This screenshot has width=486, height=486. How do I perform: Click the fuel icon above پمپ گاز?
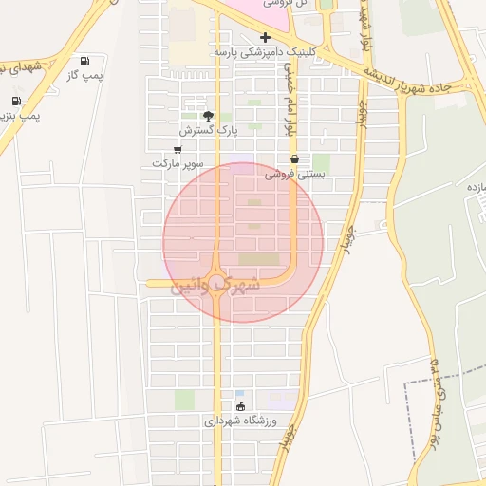click(x=87, y=60)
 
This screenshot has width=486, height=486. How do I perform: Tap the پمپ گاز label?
click(x=85, y=74)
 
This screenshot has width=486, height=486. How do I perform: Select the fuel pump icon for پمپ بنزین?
click(x=16, y=102)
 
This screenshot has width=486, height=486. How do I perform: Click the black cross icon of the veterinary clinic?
click(x=265, y=37)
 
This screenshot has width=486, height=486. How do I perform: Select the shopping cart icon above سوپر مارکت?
click(x=178, y=149)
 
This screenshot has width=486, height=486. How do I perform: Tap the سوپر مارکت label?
click(x=178, y=163)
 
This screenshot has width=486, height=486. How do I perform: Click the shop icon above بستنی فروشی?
click(x=294, y=159)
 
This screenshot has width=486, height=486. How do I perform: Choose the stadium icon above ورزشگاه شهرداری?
click(x=240, y=406)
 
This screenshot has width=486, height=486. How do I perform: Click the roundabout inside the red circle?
click(x=219, y=282)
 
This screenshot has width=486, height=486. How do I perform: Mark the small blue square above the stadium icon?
click(x=239, y=393)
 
